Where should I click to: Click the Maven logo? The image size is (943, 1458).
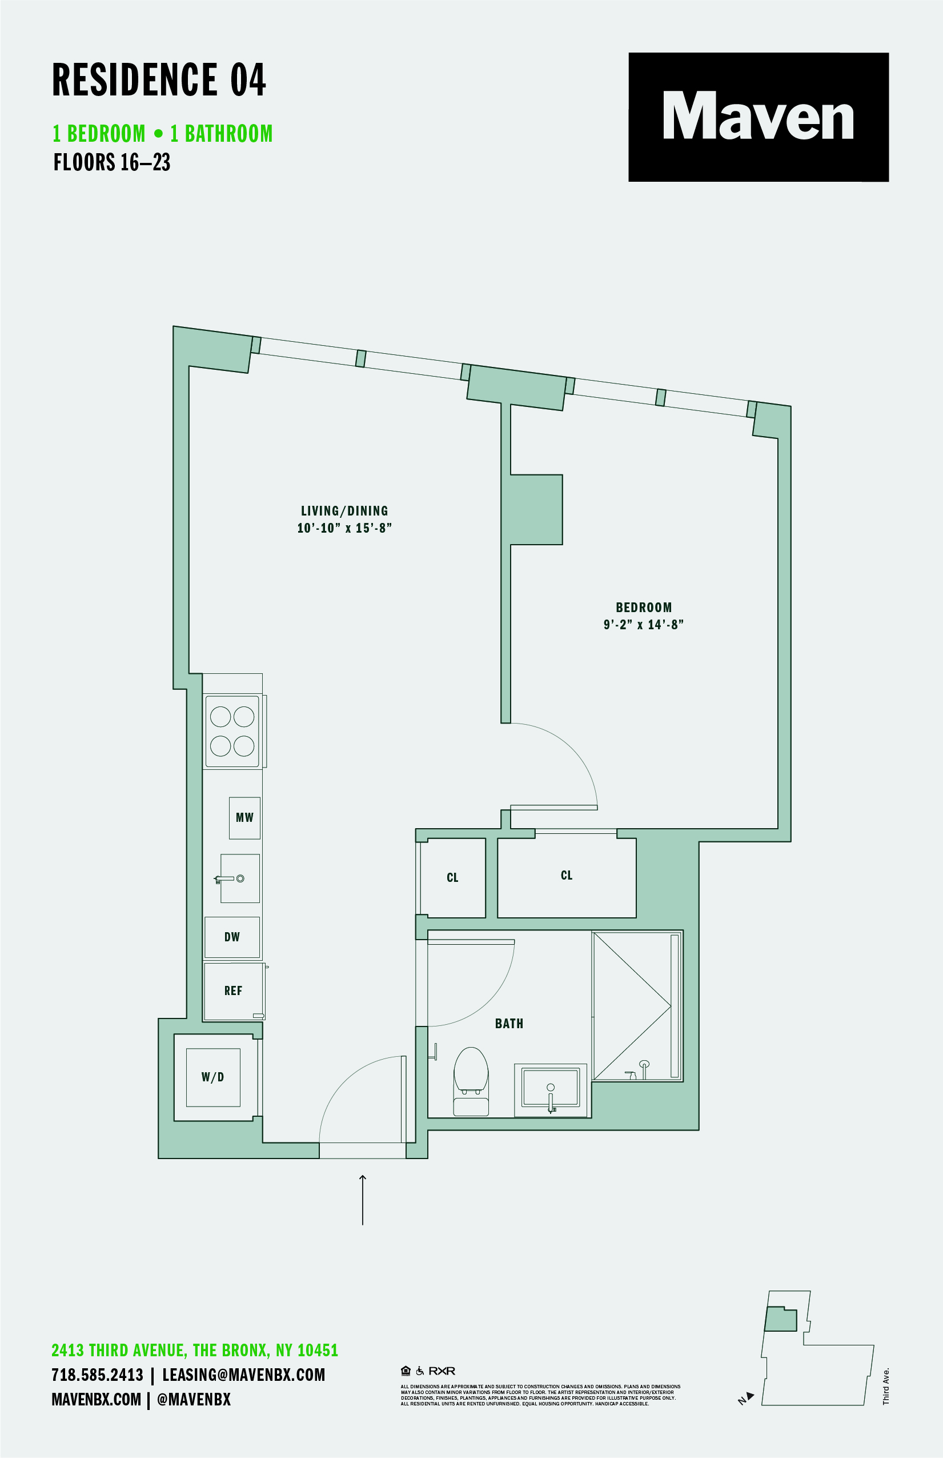(x=758, y=117)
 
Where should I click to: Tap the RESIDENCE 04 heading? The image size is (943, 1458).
(x=159, y=80)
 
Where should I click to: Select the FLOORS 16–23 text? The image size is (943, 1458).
(x=111, y=162)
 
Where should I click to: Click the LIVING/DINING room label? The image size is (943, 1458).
(x=344, y=510)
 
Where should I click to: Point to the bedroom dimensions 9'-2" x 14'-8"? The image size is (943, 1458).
(x=643, y=624)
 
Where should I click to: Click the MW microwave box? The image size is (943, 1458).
(x=244, y=818)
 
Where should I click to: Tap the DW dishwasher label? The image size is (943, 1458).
(x=232, y=937)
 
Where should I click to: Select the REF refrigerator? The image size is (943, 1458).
(x=233, y=990)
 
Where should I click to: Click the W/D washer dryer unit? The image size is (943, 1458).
(x=212, y=1077)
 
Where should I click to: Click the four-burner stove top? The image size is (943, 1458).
(x=232, y=731)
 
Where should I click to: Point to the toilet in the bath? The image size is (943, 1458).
(x=471, y=1081)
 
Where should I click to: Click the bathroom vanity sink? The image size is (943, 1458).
(x=550, y=1088)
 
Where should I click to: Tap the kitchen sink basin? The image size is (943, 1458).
(x=240, y=878)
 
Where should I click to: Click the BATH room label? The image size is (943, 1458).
(x=509, y=1024)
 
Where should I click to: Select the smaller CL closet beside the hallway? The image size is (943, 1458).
(x=452, y=877)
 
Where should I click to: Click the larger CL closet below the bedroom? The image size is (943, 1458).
(x=567, y=876)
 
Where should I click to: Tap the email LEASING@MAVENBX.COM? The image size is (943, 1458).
(x=243, y=1375)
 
